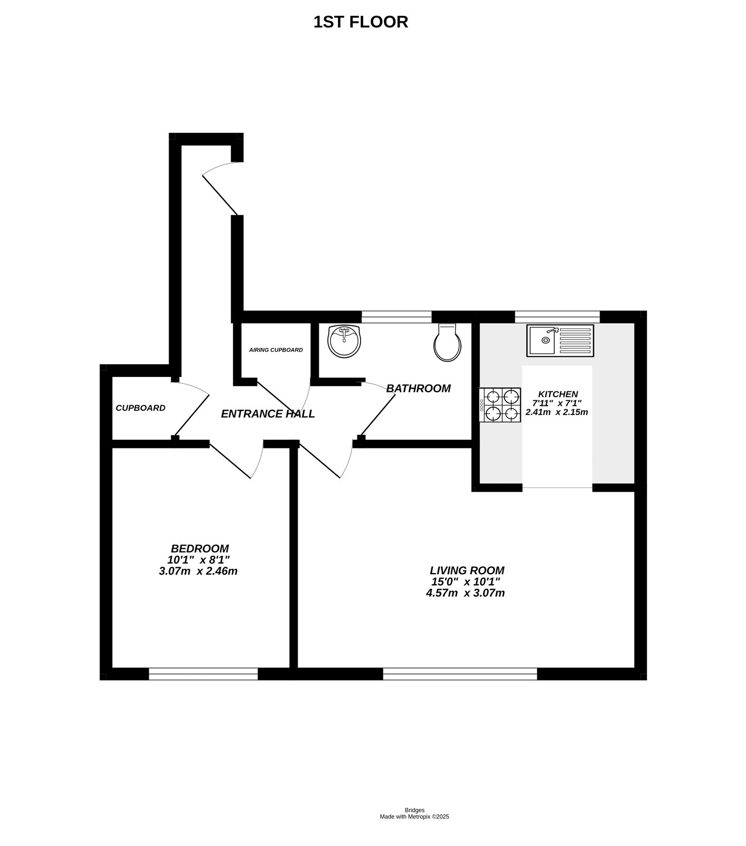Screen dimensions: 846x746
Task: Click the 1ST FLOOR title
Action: (361, 22)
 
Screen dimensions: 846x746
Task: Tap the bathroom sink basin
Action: (344, 341)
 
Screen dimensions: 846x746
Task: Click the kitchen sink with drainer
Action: (560, 341)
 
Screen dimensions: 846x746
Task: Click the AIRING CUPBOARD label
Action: (276, 350)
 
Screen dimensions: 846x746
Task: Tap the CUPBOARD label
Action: (141, 408)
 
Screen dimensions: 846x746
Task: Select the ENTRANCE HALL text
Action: (268, 414)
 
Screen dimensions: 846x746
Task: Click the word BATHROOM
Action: (418, 389)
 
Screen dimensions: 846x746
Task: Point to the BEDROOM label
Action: (200, 549)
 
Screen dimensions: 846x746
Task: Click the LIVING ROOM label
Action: (467, 571)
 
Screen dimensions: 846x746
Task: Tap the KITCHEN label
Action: (558, 394)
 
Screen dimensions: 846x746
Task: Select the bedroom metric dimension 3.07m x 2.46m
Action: (198, 571)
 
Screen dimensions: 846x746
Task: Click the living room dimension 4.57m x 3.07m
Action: (465, 593)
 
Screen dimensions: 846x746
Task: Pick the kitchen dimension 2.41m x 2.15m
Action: (557, 412)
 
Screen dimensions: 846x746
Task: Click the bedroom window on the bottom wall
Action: (203, 674)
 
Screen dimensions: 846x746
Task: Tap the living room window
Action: (459, 674)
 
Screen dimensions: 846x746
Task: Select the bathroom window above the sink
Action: (397, 317)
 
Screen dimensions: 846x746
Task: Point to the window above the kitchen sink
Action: (557, 317)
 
